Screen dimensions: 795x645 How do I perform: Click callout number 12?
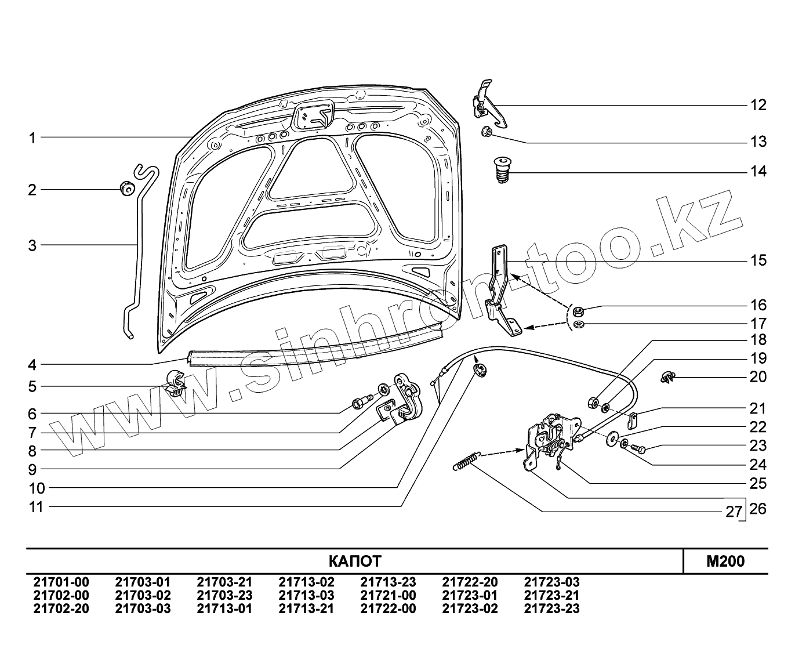[x=758, y=105]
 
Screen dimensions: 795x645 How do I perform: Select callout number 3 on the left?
[x=32, y=245]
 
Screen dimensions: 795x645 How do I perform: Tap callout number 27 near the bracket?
[x=734, y=512]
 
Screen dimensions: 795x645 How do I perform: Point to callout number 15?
[x=758, y=260]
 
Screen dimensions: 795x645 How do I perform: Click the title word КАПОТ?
[x=355, y=561]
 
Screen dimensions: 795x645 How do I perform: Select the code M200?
[x=725, y=561]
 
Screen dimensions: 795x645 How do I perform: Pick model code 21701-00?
[x=61, y=582]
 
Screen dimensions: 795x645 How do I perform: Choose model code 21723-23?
[x=551, y=608]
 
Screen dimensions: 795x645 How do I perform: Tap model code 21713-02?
[x=306, y=582]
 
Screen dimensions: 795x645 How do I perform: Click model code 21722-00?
[x=388, y=608]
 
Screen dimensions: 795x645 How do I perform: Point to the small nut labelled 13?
[x=487, y=133]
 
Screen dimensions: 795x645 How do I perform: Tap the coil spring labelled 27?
[x=465, y=461]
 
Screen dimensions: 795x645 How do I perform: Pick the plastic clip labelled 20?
[x=668, y=378]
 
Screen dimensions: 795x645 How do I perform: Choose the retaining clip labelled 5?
[x=175, y=381]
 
